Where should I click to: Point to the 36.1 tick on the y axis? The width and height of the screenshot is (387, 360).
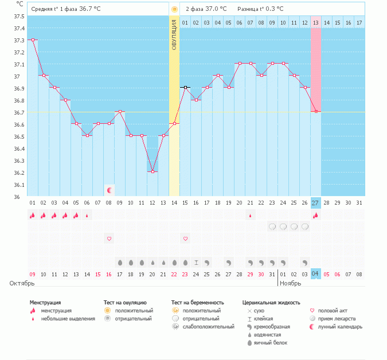coord(19,185)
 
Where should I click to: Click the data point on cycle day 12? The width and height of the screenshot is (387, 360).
coord(153,171)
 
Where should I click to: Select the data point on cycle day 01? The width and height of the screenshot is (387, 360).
coord(33,40)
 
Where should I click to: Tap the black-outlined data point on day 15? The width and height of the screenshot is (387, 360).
coord(185,87)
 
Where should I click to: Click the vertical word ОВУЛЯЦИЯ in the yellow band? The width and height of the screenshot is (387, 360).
coord(174,35)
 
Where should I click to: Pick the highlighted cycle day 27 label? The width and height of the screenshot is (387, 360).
coord(315,203)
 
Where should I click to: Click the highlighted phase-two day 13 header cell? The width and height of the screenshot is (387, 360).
coord(315,22)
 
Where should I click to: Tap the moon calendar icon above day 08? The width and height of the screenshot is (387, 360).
coord(109,190)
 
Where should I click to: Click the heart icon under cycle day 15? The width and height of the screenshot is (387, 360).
coord(185,238)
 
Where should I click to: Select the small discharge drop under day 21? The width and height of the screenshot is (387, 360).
coord(251,215)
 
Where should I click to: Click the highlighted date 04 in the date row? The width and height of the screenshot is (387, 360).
coord(315,274)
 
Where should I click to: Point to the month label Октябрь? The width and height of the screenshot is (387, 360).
coord(22,283)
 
